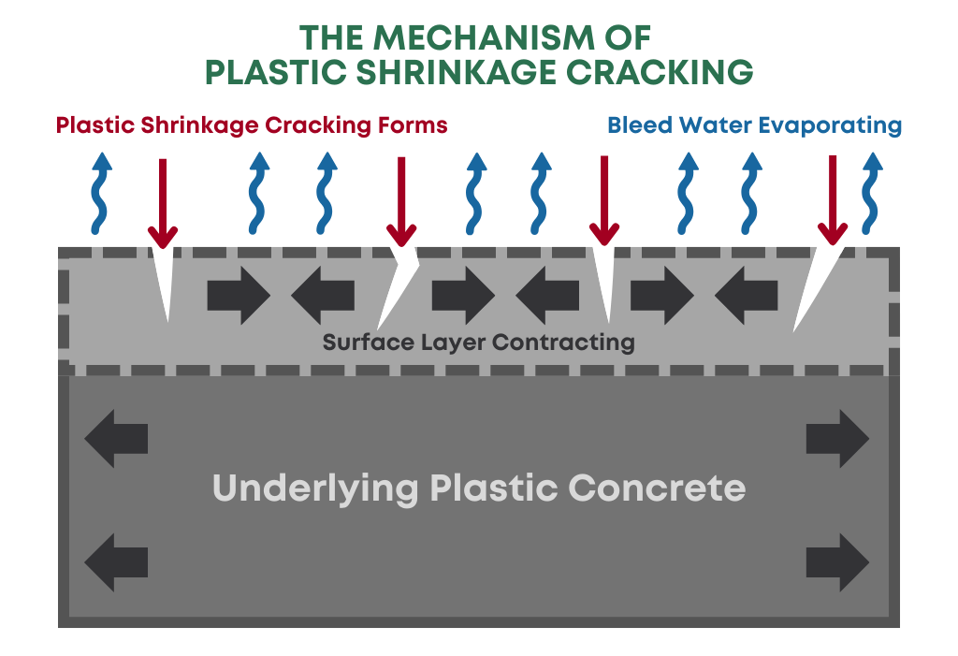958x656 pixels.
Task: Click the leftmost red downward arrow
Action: (x=163, y=201)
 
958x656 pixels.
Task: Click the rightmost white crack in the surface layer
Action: (x=811, y=290)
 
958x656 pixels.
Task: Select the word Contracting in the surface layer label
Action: (x=564, y=343)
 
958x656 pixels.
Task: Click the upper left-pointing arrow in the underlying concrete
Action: (x=116, y=438)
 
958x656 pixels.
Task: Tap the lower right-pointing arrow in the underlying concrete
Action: (x=837, y=562)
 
